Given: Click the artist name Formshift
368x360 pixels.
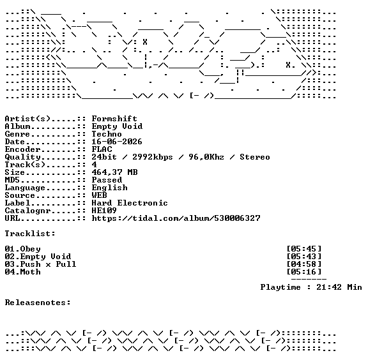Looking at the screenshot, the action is pos(114,119).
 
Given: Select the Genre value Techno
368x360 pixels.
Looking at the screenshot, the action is pos(107,134).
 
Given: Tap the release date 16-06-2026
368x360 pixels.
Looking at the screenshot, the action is pos(117,142).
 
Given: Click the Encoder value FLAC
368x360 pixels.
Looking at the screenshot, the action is pos(102,149).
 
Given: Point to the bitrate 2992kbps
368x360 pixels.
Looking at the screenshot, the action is pos(153,157).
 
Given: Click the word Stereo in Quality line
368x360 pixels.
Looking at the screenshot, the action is pos(255,157).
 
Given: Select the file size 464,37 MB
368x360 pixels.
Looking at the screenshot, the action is pos(114,172).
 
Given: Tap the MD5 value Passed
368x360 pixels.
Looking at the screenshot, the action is pos(107,180).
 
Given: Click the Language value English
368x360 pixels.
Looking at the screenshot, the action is pos(110,188).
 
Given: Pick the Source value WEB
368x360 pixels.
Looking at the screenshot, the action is pos(99,195).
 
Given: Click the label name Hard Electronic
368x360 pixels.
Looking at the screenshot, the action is pos(130,203).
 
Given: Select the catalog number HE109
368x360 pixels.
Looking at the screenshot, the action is pos(104,211).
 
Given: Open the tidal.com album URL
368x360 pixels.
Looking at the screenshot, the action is pos(176,218).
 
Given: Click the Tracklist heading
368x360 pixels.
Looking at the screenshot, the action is pos(30,234).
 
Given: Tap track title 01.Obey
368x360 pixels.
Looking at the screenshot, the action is pos(23,249).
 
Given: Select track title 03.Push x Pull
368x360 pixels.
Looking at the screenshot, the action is pos(41,264).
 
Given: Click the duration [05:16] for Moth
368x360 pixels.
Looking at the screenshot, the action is pos(304,272).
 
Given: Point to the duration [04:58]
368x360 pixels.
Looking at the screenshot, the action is pos(304,264).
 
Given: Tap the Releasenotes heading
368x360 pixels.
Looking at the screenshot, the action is pos(38,303).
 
